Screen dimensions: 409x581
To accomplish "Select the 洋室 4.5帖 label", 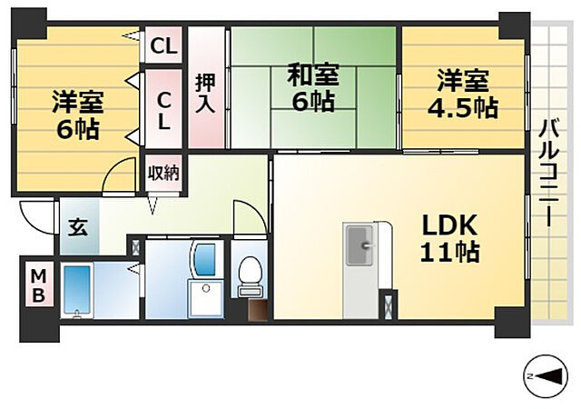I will pyautogui.click(x=463, y=94).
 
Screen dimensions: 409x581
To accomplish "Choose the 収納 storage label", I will pyautogui.click(x=164, y=173).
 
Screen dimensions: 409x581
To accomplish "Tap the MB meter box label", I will pyautogui.click(x=38, y=285).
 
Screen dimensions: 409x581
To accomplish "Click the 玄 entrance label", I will pyautogui.click(x=78, y=227).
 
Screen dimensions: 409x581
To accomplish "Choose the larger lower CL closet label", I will pyautogui.click(x=163, y=108).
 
